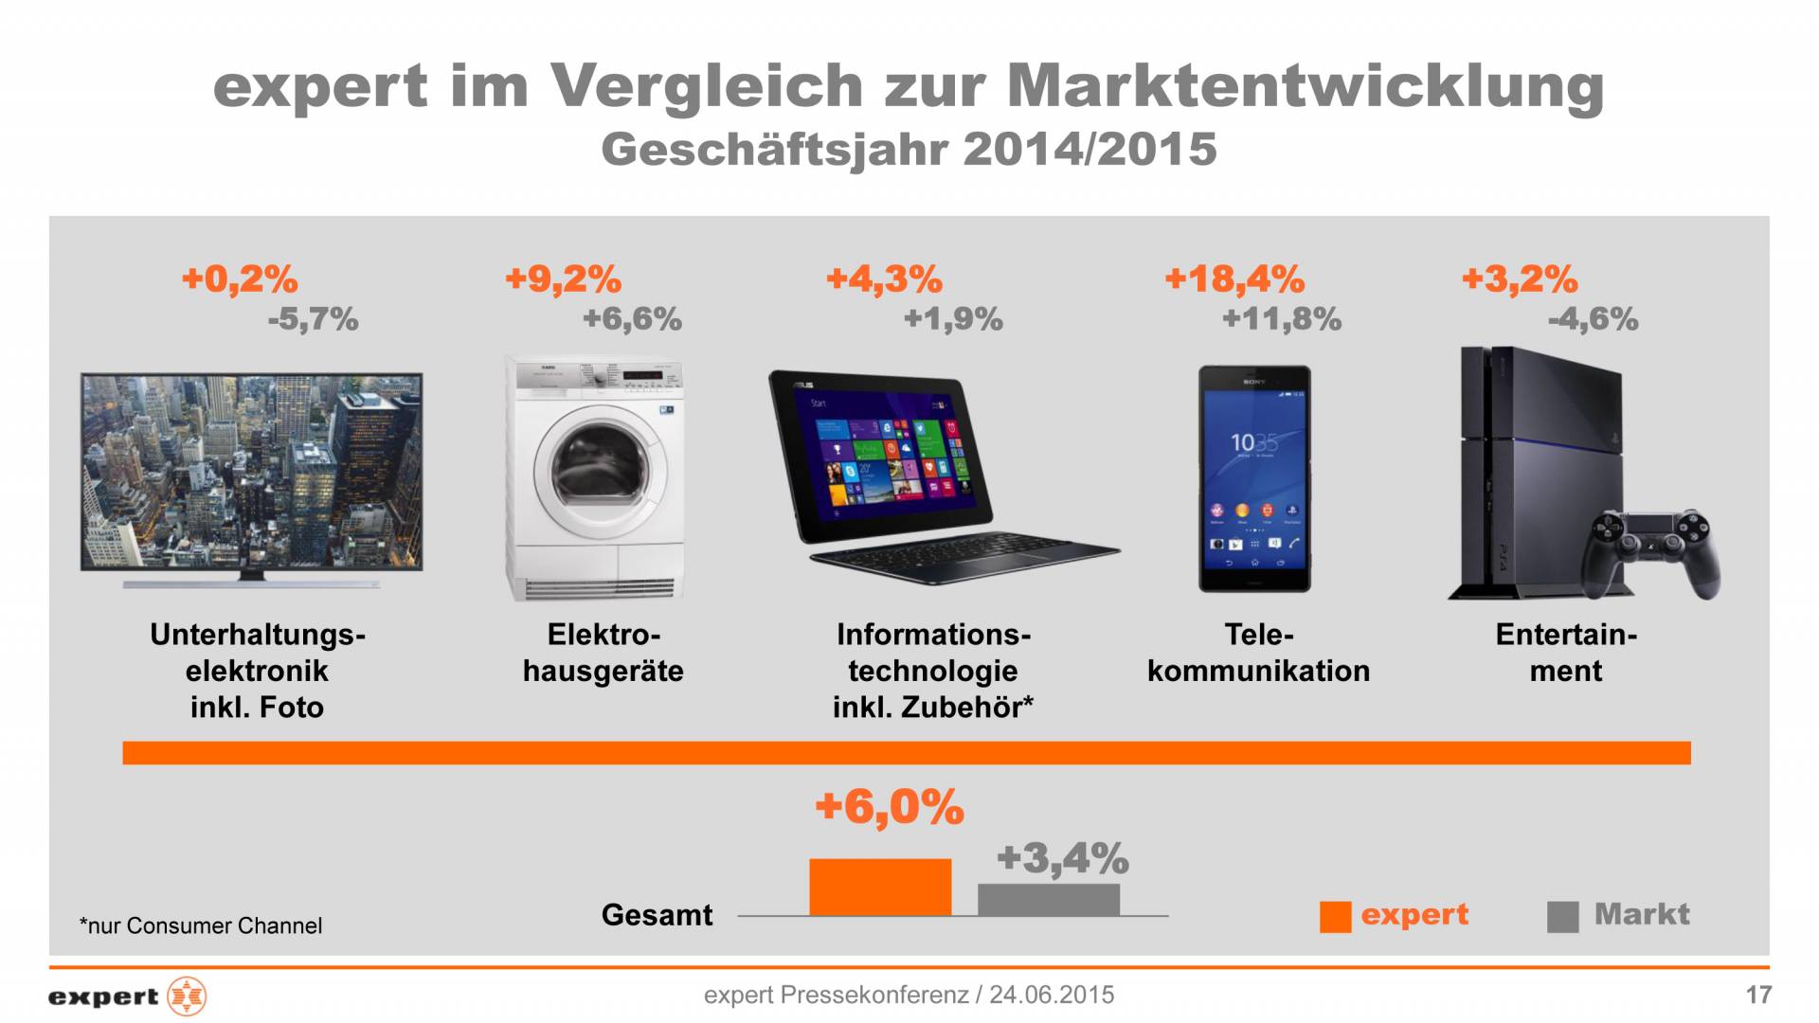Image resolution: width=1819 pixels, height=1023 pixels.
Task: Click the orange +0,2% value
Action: (x=240, y=279)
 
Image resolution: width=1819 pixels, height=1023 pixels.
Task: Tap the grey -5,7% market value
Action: (x=313, y=319)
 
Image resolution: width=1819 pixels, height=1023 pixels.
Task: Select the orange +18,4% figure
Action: (x=1234, y=279)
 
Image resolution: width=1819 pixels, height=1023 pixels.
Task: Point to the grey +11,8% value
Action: (x=1282, y=319)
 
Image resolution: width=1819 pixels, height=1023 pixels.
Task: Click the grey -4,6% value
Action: (x=1593, y=319)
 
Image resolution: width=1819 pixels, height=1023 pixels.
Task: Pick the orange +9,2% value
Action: (x=563, y=279)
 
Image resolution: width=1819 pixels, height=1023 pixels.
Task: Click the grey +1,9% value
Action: (x=953, y=319)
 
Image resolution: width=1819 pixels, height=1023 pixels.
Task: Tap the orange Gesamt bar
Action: (x=880, y=888)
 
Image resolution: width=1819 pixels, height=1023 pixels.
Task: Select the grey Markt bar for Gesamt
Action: (x=1049, y=900)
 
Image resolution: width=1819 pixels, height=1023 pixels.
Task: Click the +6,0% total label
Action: (x=889, y=807)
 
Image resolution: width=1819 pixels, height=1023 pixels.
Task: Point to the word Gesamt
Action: (x=657, y=915)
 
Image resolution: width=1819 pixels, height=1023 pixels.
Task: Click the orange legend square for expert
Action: (x=1335, y=916)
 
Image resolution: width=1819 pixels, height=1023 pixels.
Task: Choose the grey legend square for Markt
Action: (x=1562, y=916)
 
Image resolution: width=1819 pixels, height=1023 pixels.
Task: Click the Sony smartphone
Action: (x=1254, y=478)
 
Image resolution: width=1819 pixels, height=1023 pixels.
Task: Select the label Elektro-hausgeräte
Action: (x=603, y=653)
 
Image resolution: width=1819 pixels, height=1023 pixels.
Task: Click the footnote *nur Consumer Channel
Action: (x=201, y=925)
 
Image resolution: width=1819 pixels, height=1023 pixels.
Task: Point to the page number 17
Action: (x=1758, y=995)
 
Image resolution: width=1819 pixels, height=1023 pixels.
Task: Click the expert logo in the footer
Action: (x=127, y=996)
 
